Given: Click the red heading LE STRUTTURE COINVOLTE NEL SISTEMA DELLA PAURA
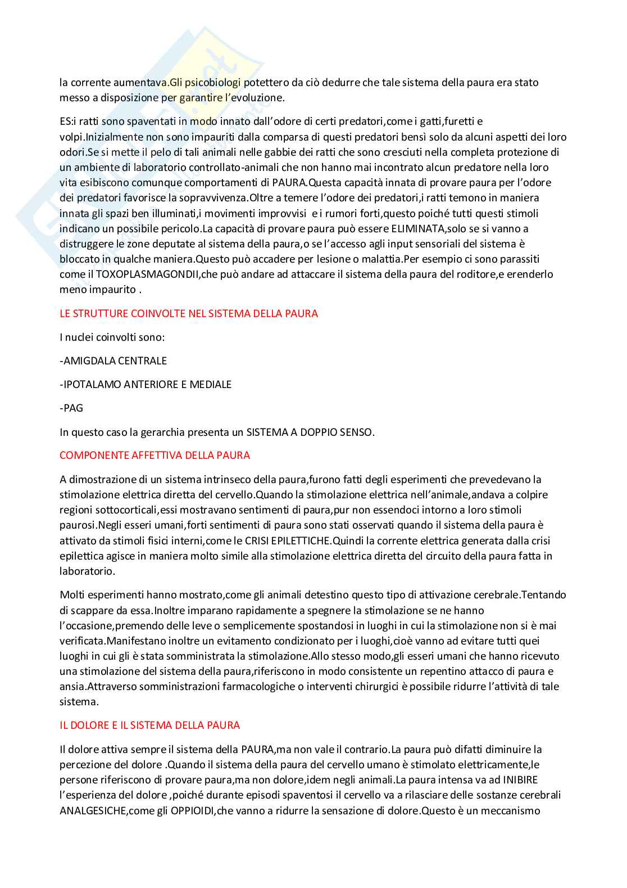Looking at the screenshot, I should click(189, 313).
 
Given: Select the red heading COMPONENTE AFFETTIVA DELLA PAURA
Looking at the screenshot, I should click(155, 455).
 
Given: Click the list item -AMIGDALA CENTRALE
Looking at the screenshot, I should click(113, 360).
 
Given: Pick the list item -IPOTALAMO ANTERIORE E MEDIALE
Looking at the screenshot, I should click(146, 385).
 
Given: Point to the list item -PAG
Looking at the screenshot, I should click(71, 408).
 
